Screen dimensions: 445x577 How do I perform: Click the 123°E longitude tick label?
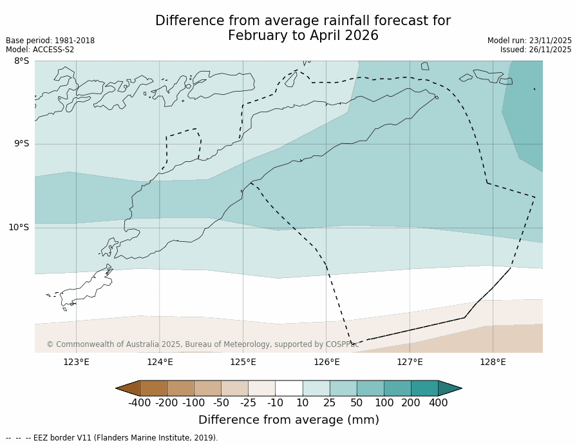76,362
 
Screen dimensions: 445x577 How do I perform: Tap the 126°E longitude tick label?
326,362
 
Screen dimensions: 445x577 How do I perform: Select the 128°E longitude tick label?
493,362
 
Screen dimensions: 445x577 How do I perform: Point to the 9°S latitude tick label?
21,144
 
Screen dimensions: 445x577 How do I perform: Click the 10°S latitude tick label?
19,227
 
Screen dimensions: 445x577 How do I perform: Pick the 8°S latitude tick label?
21,61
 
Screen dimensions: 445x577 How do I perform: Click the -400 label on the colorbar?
139,403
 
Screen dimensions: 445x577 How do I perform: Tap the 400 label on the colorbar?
438,403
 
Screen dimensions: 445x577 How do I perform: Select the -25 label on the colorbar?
248,403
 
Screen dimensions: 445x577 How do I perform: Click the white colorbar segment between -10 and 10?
288,388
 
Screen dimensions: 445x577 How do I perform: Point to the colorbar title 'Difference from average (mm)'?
288,420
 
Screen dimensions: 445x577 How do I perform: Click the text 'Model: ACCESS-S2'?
40,50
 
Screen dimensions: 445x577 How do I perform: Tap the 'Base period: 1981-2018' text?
50,41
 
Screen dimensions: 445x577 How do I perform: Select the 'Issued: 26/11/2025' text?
536,50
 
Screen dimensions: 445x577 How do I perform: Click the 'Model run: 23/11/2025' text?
529,41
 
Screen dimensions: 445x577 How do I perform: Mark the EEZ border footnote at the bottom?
112,438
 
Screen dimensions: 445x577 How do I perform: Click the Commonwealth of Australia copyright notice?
202,344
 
